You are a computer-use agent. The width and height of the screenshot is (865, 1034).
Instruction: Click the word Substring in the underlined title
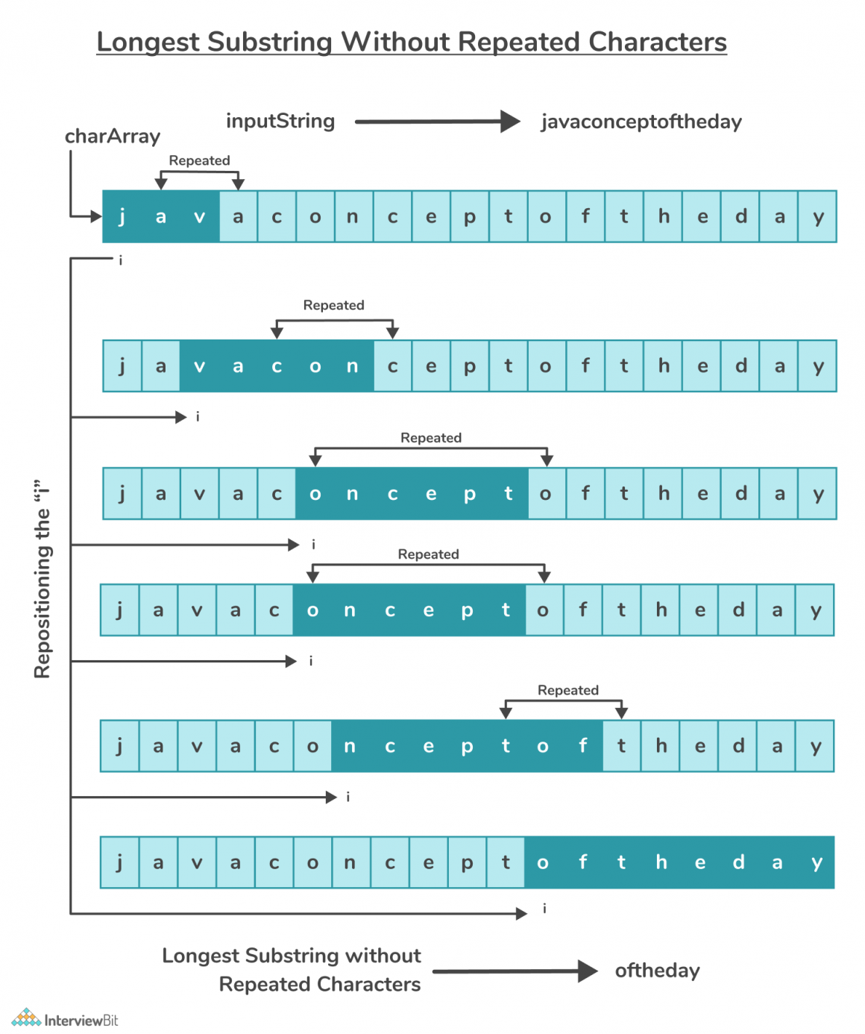(269, 43)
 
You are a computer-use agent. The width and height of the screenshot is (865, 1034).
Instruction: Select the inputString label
(280, 121)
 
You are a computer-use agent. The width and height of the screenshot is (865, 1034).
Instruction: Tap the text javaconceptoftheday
(641, 122)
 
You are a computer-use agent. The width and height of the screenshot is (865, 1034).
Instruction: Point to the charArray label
(113, 137)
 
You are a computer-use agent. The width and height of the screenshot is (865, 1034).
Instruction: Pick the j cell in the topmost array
(122, 217)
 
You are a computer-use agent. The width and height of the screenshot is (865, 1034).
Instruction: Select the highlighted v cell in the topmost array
(199, 217)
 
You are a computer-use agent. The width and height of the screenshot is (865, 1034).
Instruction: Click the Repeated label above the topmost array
(199, 160)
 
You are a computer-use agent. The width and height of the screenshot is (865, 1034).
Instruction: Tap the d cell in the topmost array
(740, 217)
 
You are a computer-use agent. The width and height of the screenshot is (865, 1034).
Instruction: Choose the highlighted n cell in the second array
(352, 366)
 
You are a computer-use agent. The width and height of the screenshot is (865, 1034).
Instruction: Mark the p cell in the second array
(470, 366)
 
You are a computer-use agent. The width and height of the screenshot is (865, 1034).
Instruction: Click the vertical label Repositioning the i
(43, 579)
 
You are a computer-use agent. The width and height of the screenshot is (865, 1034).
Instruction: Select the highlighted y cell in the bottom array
(817, 863)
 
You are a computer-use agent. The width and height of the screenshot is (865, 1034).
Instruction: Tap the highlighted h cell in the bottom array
(661, 863)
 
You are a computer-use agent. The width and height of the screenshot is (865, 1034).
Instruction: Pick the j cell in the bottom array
(119, 863)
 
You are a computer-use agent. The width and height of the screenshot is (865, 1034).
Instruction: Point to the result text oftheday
(657, 971)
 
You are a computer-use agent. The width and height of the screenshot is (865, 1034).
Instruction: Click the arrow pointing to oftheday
(515, 971)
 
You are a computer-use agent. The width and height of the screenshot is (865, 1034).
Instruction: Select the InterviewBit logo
(65, 1019)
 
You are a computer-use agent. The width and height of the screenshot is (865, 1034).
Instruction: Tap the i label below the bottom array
(544, 909)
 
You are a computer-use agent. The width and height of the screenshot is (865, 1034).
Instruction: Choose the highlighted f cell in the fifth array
(583, 746)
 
